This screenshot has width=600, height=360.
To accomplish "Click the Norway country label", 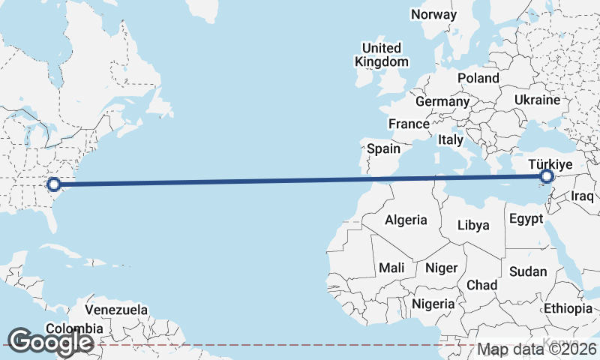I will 433,14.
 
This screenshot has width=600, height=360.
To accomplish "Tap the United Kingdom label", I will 382,55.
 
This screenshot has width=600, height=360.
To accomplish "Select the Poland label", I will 478,78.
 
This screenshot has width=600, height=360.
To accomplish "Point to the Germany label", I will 442,101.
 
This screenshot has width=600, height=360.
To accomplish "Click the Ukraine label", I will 537,100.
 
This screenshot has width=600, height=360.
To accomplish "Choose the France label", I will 408,124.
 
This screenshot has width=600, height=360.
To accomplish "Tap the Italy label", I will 451,139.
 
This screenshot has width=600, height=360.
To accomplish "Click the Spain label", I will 383,148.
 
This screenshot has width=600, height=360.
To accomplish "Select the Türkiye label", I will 550,164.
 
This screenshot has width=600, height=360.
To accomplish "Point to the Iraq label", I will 582,196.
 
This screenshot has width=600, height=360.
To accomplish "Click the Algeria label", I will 406,220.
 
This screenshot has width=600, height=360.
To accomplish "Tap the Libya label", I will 473,225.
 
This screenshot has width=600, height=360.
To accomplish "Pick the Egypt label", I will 526,220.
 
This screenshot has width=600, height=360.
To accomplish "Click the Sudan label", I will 528,271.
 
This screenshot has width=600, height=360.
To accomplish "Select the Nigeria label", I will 433,304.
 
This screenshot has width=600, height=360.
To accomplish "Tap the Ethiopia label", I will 568,308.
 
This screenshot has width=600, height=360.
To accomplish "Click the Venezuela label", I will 115,309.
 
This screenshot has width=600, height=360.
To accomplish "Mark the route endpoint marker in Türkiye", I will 547,177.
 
